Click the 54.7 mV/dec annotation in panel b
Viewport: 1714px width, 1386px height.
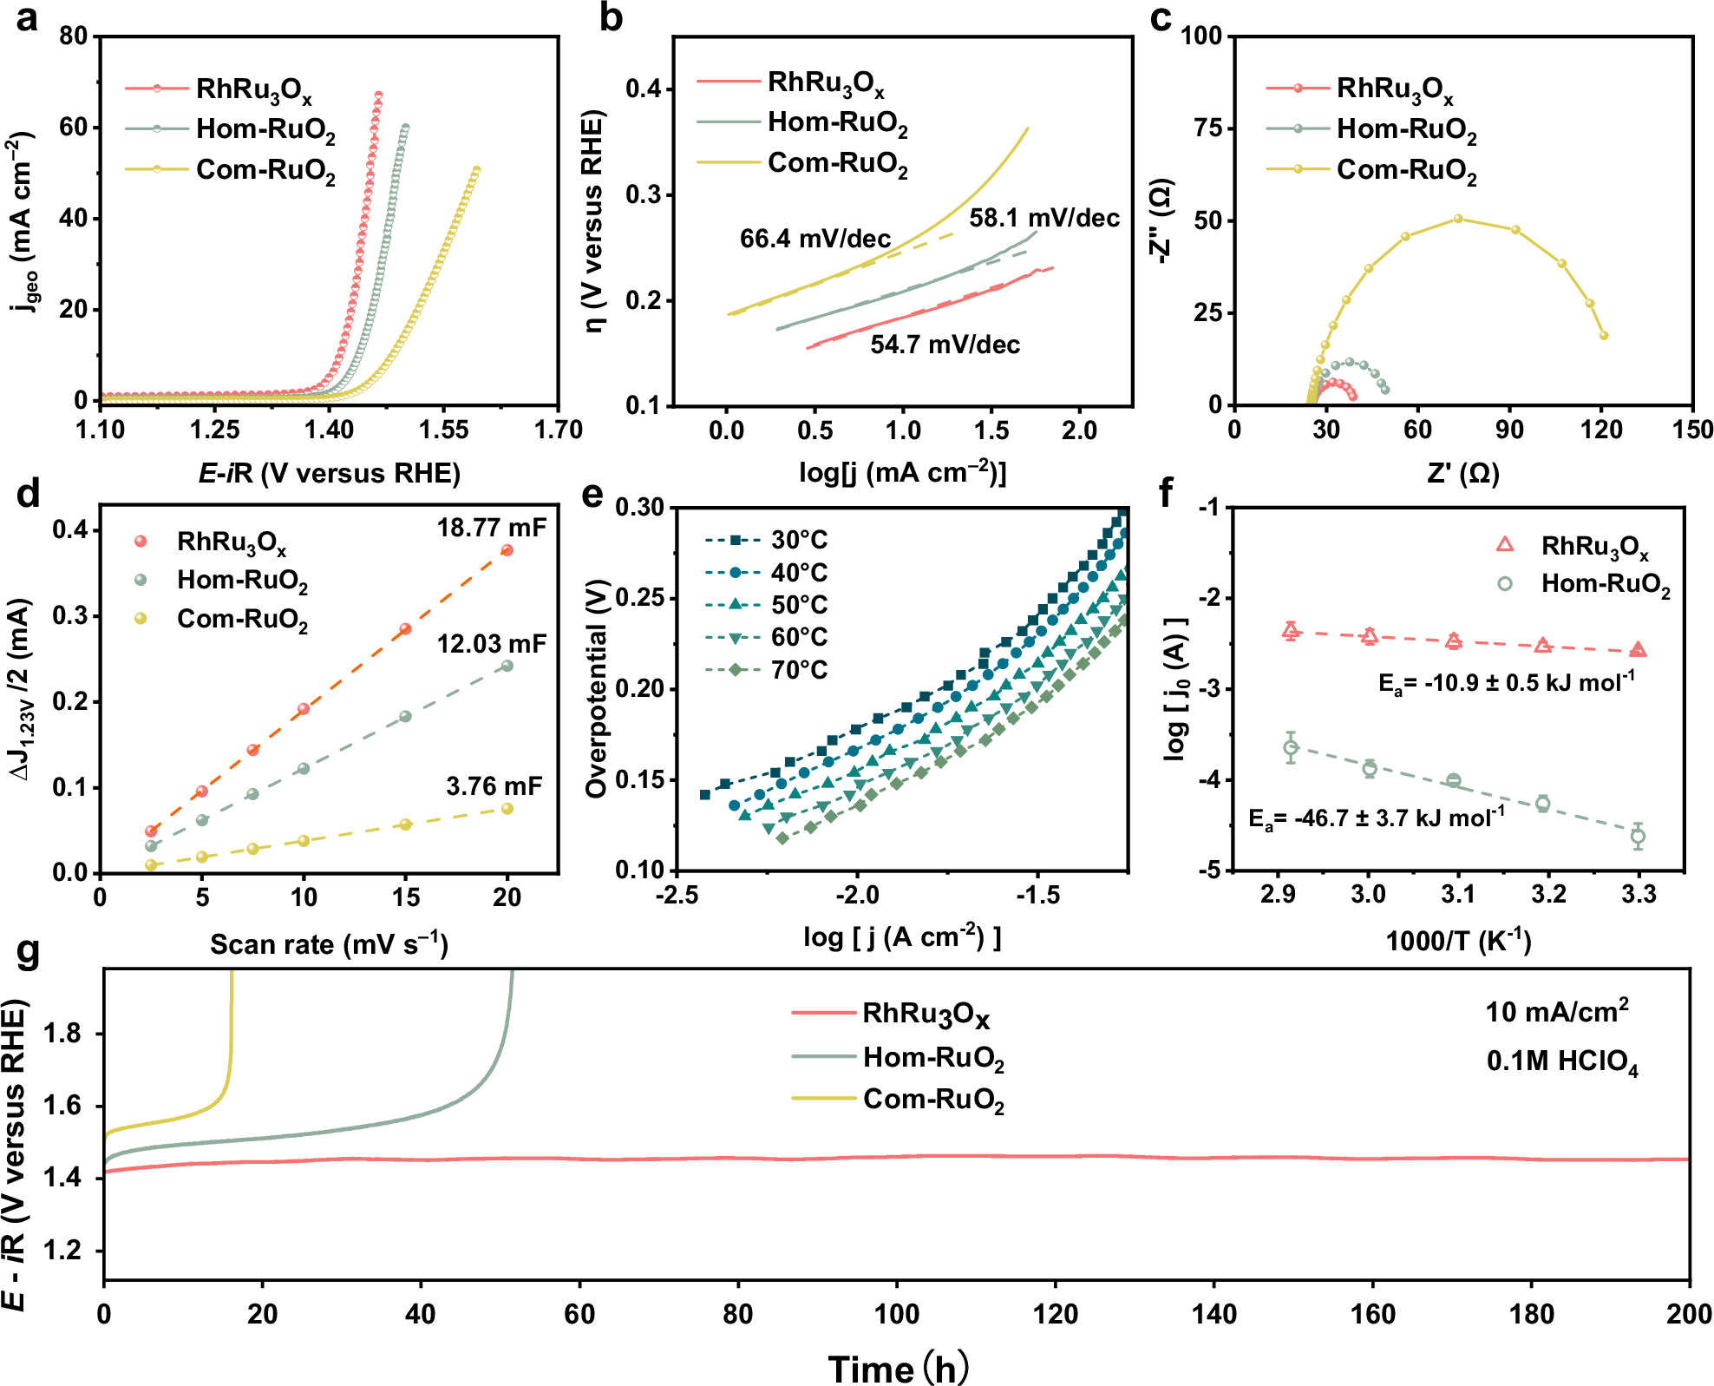pyautogui.click(x=945, y=345)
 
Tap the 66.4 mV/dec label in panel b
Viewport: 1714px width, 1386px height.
pyautogui.click(x=814, y=239)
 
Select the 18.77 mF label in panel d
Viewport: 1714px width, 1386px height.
pyautogui.click(x=491, y=528)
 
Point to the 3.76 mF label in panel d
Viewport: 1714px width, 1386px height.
pyautogui.click(x=494, y=786)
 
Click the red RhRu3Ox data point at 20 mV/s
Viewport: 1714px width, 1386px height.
pyautogui.click(x=507, y=550)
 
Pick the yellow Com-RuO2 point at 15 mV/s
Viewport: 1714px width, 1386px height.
pyautogui.click(x=405, y=824)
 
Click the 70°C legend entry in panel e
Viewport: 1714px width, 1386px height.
pyautogui.click(x=798, y=670)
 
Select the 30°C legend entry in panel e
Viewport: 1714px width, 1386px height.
pyautogui.click(x=798, y=540)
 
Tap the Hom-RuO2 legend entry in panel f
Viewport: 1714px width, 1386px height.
pyautogui.click(x=1604, y=584)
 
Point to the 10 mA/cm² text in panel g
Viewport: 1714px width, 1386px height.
pyautogui.click(x=1557, y=1011)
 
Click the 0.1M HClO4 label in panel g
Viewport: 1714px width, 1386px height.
pyautogui.click(x=1562, y=1061)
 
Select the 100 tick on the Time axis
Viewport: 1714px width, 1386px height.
pyautogui.click(x=896, y=1314)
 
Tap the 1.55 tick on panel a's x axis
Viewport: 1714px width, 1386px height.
pyautogui.click(x=443, y=430)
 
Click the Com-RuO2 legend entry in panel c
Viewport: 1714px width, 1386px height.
pyautogui.click(x=1405, y=169)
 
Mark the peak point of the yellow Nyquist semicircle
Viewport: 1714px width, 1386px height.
pyautogui.click(x=1458, y=219)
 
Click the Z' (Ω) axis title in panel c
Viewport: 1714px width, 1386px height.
pyautogui.click(x=1463, y=473)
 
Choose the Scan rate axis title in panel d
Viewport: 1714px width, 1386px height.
pyautogui.click(x=329, y=944)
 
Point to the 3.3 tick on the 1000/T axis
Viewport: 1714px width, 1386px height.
pyautogui.click(x=1639, y=894)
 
